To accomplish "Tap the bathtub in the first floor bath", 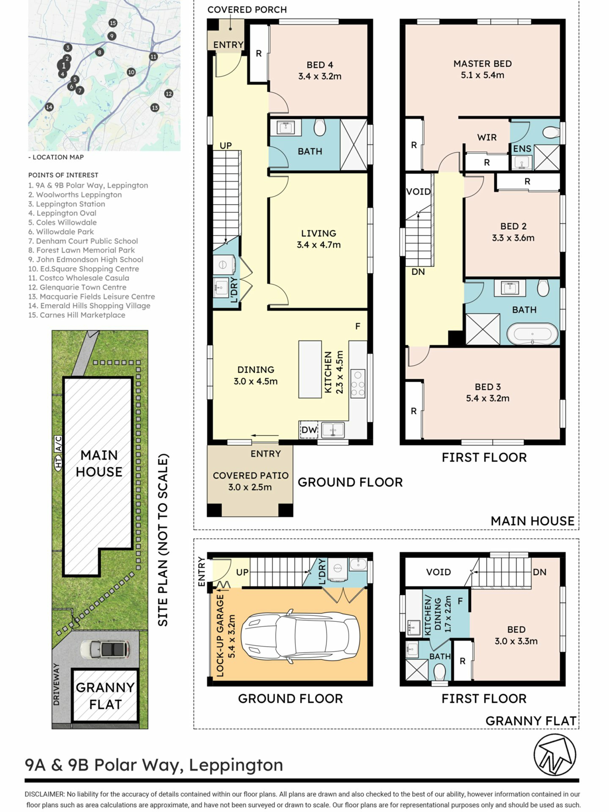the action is (x=532, y=334).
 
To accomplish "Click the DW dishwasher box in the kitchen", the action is (x=309, y=429).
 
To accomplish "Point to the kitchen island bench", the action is (x=310, y=369).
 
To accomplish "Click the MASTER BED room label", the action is (x=482, y=64).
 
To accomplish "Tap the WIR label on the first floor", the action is (x=487, y=137).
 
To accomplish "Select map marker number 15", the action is (x=113, y=23).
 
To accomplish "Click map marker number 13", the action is (x=154, y=108).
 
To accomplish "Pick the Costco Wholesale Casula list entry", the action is (x=79, y=278).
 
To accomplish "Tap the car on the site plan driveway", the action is (x=105, y=649).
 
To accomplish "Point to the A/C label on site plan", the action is (x=58, y=443).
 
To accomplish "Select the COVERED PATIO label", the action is (x=250, y=476).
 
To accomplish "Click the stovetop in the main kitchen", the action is (x=358, y=383).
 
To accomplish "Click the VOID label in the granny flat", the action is (x=438, y=572).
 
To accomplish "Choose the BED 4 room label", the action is (x=320, y=65).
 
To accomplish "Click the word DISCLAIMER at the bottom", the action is (x=45, y=794).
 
